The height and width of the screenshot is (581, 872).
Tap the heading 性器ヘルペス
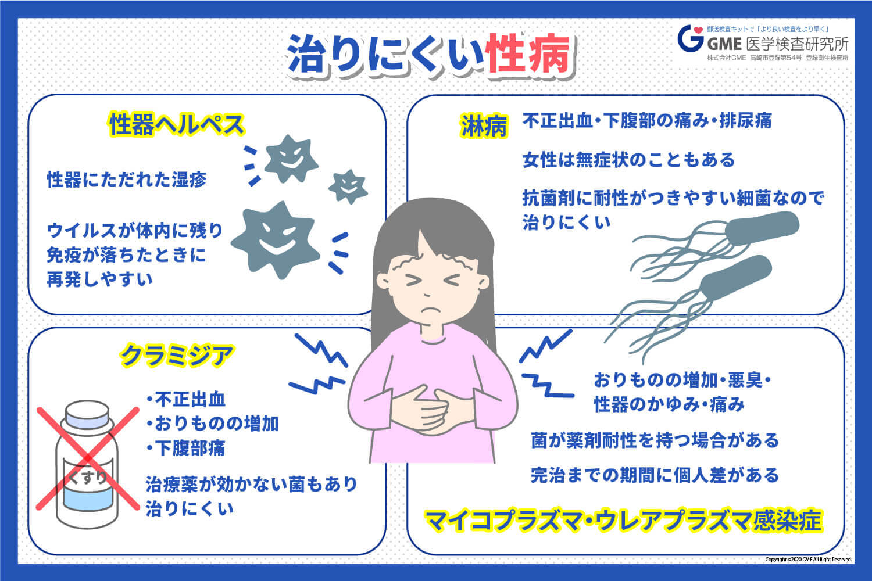coord(177,124)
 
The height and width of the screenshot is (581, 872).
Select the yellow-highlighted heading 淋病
coord(484,126)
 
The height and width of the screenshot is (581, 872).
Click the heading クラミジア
coord(177,355)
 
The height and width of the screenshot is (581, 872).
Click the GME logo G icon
coord(691,38)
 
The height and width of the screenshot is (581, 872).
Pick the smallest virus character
coord(348,186)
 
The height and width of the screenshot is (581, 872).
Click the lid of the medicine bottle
coord(87,414)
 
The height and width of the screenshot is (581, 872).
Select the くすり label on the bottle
coord(88,478)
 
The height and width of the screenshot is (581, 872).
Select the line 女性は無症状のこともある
coord(628,160)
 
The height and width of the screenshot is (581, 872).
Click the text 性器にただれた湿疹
coord(127,180)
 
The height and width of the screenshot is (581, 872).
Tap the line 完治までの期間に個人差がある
coord(655,475)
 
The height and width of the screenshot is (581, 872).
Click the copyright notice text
coord(808,560)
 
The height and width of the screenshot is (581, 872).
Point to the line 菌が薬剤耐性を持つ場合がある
coord(655,440)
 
